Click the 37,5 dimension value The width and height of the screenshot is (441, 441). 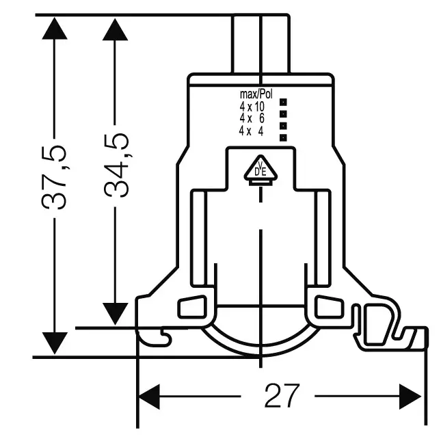54,177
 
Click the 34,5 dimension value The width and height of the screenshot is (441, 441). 116,165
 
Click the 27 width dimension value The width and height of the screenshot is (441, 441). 282,395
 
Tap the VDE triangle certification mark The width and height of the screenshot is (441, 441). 260,168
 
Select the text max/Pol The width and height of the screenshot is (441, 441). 256,94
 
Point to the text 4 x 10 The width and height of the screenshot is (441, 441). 252,107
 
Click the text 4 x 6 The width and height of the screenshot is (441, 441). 252,118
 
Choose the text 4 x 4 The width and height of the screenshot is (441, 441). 251,131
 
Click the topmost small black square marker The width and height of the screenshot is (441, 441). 283,102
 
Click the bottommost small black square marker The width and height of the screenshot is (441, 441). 283,138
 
